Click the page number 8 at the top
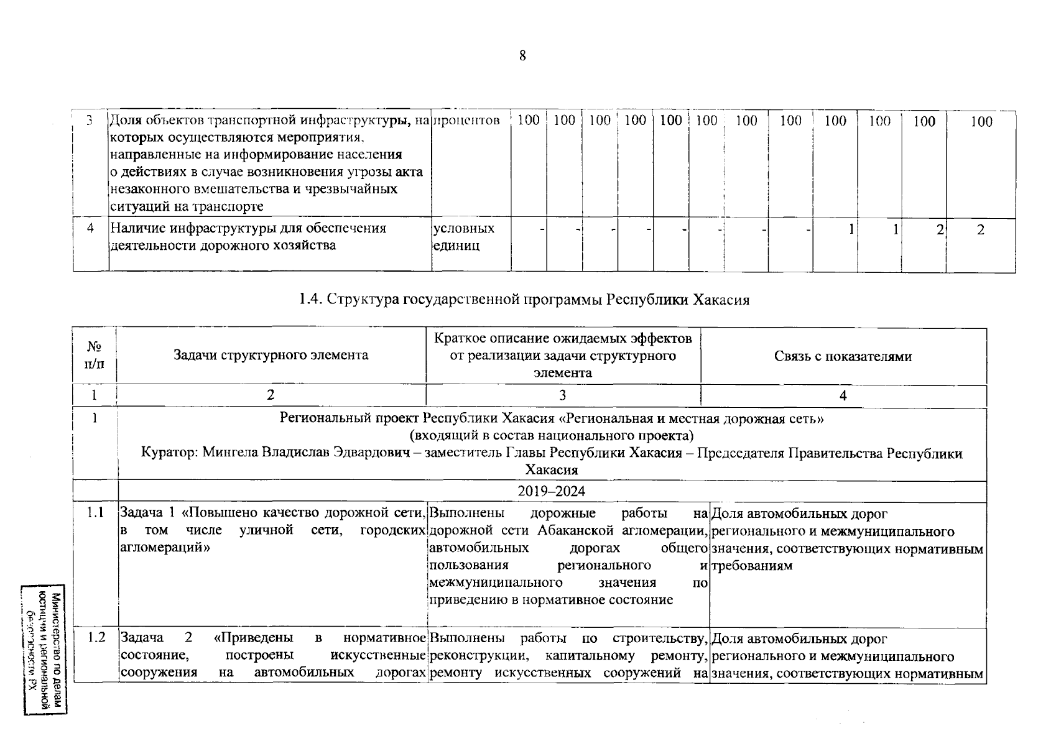[x=522, y=56]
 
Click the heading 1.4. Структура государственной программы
[x=524, y=300]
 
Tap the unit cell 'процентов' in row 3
[x=466, y=121]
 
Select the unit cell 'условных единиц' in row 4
[x=463, y=237]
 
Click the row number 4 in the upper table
[x=90, y=228]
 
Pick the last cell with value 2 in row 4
[x=981, y=230]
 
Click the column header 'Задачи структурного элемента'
[x=271, y=355]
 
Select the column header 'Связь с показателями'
[x=843, y=356]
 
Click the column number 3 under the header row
[x=562, y=395]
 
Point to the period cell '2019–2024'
[x=551, y=491]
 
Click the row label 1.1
[x=95, y=513]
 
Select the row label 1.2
[x=96, y=638]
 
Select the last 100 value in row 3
[x=981, y=121]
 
